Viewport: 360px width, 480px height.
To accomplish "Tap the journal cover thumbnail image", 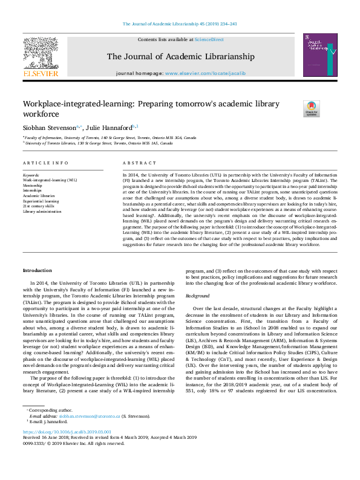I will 320,55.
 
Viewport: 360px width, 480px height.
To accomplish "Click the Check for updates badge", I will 311,108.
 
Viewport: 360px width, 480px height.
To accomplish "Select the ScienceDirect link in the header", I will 208,39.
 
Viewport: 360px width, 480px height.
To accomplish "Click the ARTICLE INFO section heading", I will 45,163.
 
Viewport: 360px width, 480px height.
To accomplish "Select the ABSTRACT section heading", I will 140,163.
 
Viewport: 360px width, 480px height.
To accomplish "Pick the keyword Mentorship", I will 33,184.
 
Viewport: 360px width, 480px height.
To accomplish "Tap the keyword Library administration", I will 42,212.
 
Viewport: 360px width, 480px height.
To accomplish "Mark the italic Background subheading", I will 198,296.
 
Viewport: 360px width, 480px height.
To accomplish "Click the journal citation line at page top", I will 180,24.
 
